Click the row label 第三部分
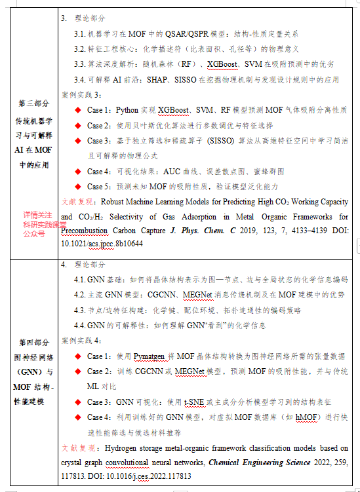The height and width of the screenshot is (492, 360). (x=33, y=104)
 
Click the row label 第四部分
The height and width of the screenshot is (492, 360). (x=33, y=342)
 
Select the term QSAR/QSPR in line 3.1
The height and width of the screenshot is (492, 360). (x=190, y=33)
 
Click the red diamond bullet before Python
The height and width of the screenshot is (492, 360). (x=78, y=110)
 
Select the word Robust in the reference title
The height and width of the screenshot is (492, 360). (x=117, y=202)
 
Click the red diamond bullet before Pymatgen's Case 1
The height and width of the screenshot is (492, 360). (x=78, y=356)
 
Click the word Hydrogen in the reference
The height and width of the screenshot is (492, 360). (x=122, y=448)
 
